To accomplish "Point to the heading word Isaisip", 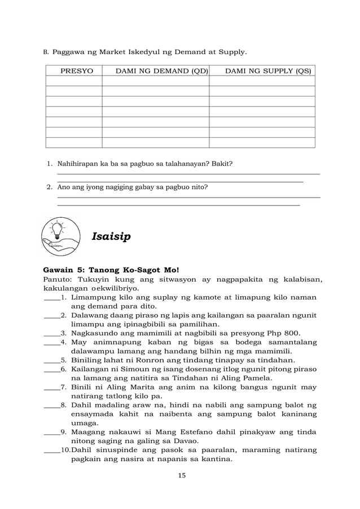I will [111, 236].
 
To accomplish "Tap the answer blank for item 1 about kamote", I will [51, 297].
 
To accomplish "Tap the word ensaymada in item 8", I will [95, 414].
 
